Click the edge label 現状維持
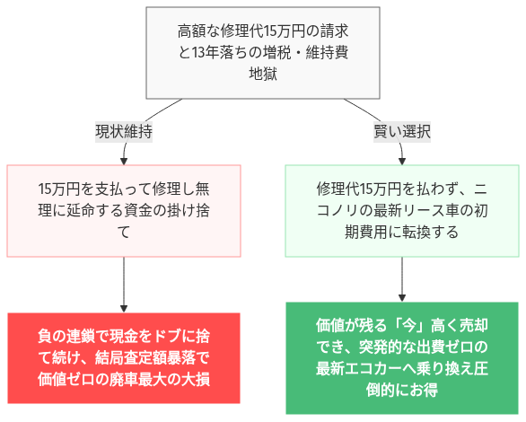(x=124, y=131)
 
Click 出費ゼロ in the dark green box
(x=458, y=346)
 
